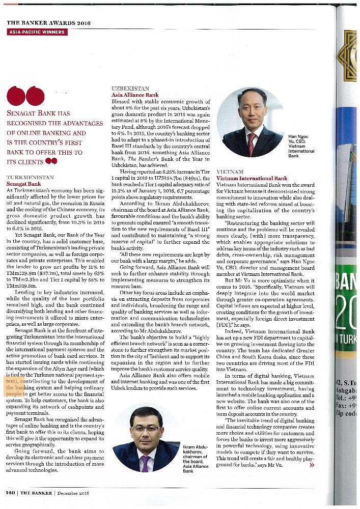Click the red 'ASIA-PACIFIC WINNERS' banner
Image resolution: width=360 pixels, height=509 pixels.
click(37, 32)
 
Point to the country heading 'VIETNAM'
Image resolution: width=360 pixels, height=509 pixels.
click(230, 172)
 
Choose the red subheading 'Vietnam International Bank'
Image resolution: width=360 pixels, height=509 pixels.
click(252, 179)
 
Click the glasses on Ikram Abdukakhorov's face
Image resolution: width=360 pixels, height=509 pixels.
click(145, 430)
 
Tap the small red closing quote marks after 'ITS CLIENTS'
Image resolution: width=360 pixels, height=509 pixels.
click(50, 161)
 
